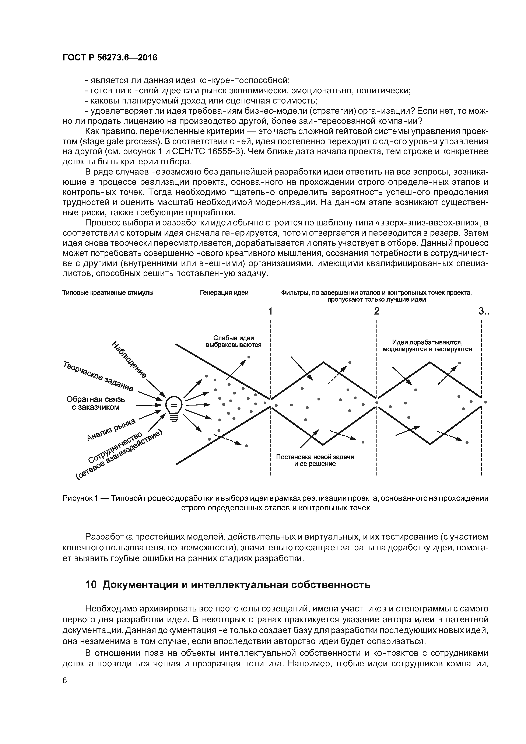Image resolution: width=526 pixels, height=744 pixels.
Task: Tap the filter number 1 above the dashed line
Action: (x=270, y=311)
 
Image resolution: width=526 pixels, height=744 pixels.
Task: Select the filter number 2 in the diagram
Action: (x=377, y=311)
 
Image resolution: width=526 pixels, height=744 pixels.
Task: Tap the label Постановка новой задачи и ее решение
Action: (x=315, y=460)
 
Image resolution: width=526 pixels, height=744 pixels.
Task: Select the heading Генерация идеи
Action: (x=224, y=293)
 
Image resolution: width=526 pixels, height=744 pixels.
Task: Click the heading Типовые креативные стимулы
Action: (x=108, y=293)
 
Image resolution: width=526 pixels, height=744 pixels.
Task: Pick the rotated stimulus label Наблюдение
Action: (x=129, y=359)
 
